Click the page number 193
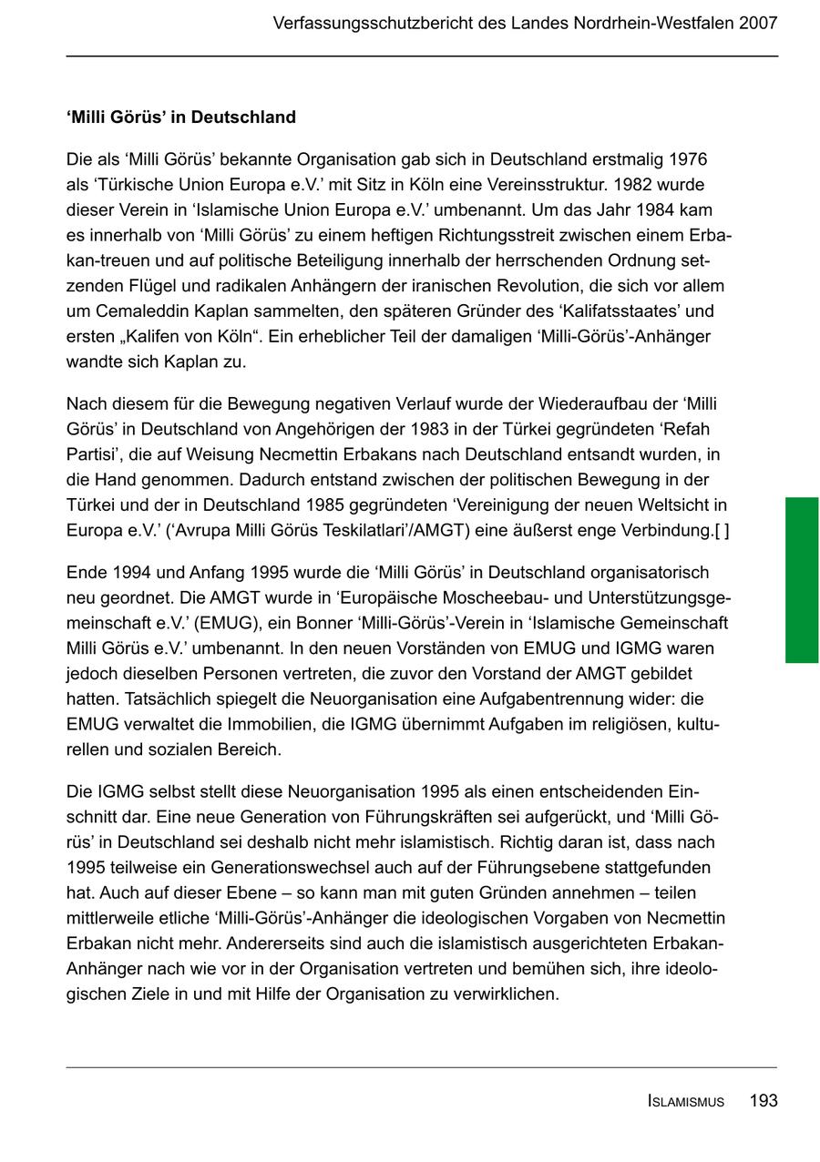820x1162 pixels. click(764, 1101)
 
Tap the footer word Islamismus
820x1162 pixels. click(686, 1102)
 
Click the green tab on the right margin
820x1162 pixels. click(802, 579)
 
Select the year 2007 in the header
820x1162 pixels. click(758, 23)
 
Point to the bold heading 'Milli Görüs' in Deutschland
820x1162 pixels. click(181, 117)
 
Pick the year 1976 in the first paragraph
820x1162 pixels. click(688, 159)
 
